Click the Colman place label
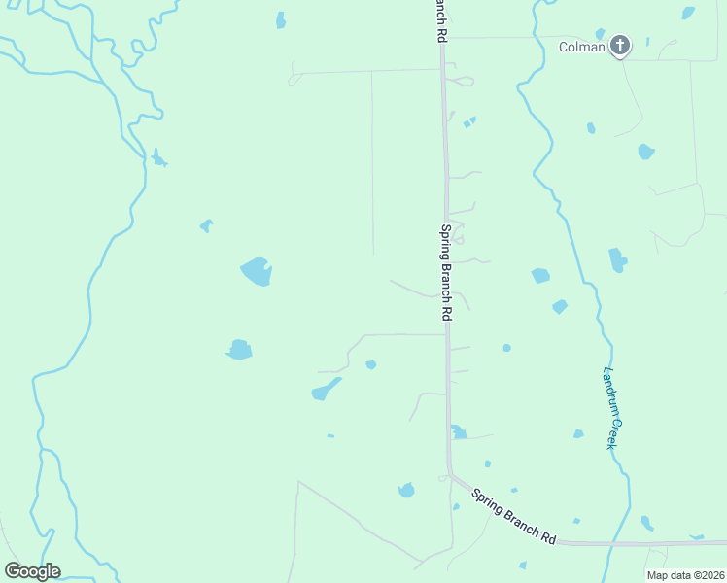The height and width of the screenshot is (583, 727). point(581,46)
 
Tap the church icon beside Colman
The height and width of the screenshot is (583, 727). point(619,45)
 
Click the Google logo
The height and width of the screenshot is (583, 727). point(32,571)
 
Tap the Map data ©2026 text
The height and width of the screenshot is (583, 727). point(685,575)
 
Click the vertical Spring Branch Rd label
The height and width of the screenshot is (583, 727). point(446,273)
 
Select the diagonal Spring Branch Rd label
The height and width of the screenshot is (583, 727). point(513,515)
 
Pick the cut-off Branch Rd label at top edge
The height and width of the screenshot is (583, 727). point(440,19)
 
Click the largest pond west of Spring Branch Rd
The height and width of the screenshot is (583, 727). point(256,271)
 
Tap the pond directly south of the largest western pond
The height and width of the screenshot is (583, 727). point(239,349)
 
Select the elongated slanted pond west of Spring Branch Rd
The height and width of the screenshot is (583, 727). point(326,390)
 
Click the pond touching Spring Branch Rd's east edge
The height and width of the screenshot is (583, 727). point(457,431)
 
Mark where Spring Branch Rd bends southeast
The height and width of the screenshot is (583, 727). point(450,475)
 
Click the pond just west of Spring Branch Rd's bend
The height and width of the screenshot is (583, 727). point(406,490)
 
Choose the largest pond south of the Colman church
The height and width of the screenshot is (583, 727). point(645,152)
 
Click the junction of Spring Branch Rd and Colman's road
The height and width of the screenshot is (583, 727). point(442,39)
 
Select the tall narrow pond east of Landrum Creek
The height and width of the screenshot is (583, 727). point(616,260)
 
